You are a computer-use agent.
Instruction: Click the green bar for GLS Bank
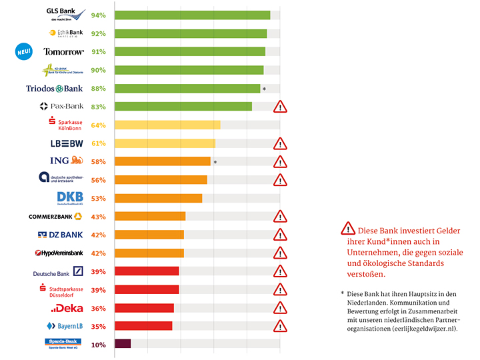point(192,15)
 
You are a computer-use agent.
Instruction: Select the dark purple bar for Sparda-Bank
point(123,344)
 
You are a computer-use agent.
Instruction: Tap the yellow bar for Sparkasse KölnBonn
point(167,125)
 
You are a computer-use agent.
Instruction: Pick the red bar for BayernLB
point(143,326)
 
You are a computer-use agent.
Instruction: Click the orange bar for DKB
point(158,198)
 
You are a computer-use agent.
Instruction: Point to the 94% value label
point(99,15)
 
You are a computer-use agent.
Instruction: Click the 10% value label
point(99,345)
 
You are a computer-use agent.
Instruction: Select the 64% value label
point(99,125)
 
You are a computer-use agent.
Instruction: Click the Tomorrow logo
point(63,52)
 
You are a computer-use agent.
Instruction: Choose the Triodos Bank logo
point(54,89)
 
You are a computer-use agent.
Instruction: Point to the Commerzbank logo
point(55,217)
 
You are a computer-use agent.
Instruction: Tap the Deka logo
point(67,308)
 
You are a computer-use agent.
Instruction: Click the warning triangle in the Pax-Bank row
point(281,107)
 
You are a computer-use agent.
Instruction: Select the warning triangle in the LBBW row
point(281,143)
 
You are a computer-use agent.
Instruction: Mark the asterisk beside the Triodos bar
point(264,89)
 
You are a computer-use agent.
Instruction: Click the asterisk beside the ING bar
point(215,162)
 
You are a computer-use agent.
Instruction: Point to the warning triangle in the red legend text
point(347,229)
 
